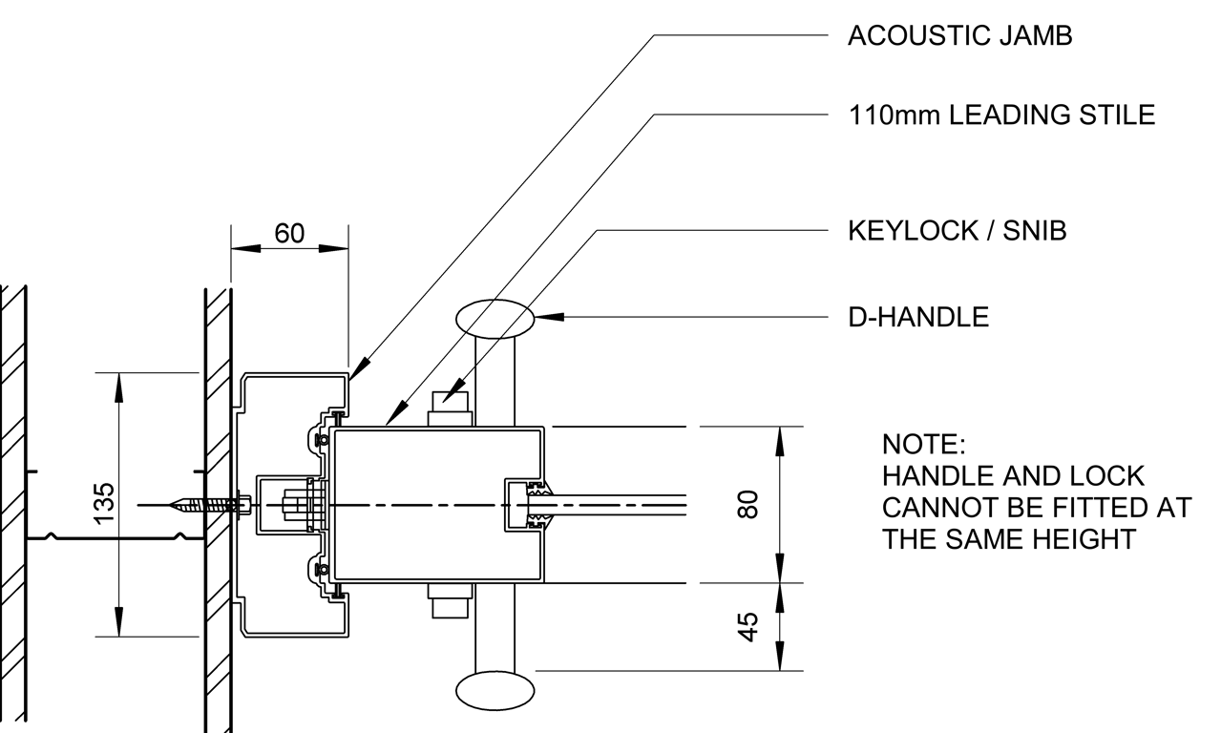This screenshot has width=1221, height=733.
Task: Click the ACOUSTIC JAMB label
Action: pos(960,36)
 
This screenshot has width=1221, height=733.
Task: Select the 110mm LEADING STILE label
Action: pos(1001,115)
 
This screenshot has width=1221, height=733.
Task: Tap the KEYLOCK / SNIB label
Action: pos(957,231)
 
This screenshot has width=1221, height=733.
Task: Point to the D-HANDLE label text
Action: pos(918,317)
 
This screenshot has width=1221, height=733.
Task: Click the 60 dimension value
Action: pos(289,234)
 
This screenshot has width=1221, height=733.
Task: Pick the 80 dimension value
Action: pos(749,503)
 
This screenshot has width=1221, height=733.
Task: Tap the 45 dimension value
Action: pos(749,626)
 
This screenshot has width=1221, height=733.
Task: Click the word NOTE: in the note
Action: pos(924,445)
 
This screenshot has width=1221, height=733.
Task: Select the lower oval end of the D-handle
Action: pos(495,689)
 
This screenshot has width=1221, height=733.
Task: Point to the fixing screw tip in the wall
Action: pos(175,504)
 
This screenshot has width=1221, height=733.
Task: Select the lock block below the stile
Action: pos(451,602)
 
